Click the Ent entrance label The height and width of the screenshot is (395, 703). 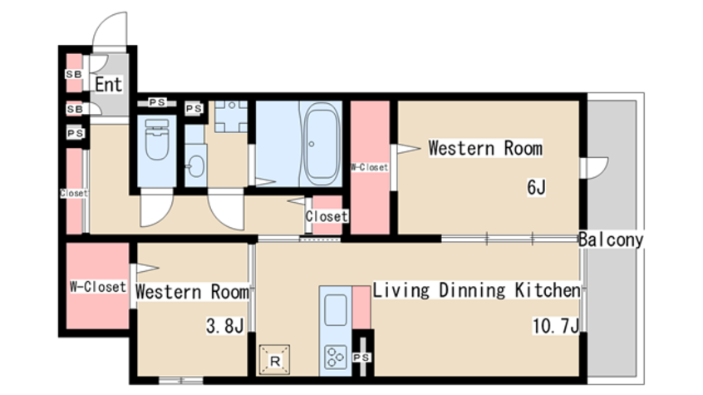[109, 84]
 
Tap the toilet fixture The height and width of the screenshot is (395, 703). [157, 139]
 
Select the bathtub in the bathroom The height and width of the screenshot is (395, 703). [321, 144]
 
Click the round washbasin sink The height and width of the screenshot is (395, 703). [196, 166]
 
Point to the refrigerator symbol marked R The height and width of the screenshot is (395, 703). [275, 360]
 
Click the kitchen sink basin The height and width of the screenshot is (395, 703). [336, 309]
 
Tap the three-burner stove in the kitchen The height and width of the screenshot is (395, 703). [336, 357]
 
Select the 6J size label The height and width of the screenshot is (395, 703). [536, 187]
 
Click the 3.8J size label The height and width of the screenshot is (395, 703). [225, 325]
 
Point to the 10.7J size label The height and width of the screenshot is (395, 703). [555, 325]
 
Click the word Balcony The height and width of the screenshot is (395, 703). [611, 239]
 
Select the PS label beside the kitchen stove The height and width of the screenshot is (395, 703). [361, 358]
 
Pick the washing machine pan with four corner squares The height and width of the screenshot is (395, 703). [231, 116]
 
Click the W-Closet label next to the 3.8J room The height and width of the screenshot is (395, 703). [98, 287]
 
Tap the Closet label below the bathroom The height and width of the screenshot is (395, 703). [327, 216]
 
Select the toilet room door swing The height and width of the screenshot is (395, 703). [156, 208]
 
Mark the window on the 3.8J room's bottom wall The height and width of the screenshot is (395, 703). [181, 381]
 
